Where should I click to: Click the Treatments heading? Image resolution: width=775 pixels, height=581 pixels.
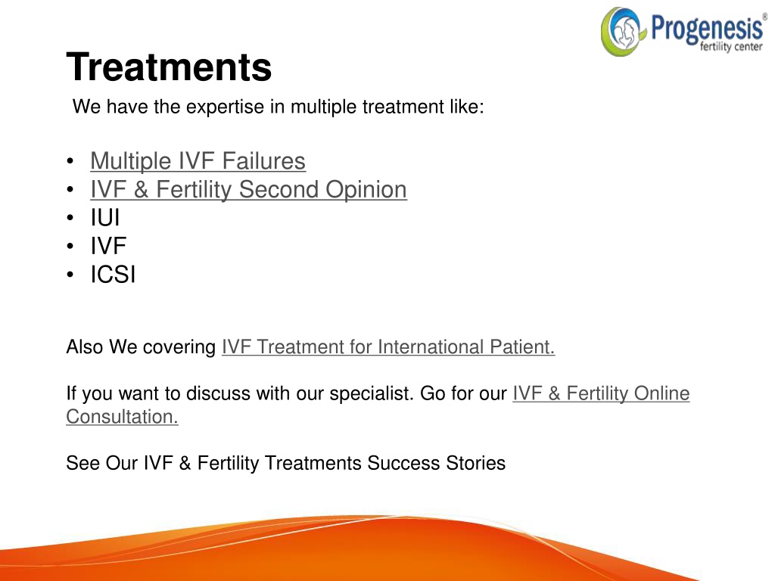(169, 67)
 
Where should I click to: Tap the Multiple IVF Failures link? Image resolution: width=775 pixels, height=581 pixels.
(198, 161)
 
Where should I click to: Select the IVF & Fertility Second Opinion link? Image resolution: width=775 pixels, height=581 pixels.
(248, 190)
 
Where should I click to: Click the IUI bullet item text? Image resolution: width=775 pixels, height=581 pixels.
(104, 218)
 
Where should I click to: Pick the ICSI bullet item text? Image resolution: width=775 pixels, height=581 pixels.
(113, 275)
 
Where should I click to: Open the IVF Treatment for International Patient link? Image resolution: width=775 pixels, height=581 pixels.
(388, 346)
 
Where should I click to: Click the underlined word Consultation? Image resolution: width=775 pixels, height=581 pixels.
(122, 417)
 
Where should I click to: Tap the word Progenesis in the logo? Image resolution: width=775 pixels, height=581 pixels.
(707, 27)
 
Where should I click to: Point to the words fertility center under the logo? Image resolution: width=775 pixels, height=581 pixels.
(731, 47)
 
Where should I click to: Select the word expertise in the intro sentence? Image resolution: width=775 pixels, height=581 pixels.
(225, 107)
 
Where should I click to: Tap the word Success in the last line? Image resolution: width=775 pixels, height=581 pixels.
(403, 464)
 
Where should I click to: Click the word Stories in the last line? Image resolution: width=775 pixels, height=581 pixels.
(475, 464)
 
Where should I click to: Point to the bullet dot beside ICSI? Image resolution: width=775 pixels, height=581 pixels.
(70, 275)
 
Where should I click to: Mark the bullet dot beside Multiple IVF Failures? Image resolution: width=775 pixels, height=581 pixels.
(70, 161)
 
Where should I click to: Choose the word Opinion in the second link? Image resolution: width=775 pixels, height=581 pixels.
(366, 190)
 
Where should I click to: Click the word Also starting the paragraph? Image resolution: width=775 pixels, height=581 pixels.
(85, 346)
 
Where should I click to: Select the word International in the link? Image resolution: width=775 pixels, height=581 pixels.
(431, 346)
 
